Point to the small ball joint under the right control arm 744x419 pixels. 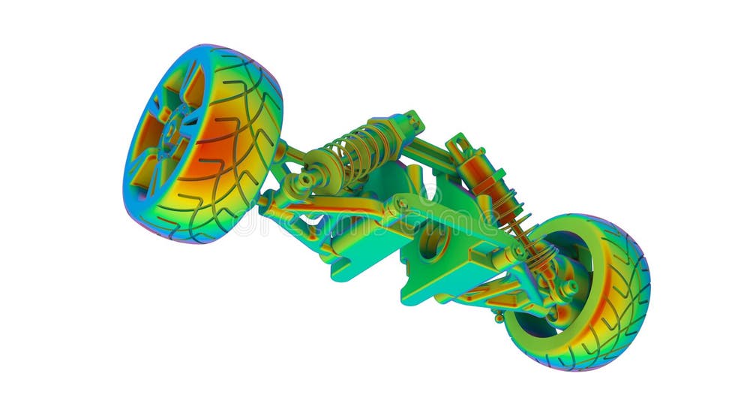tap(499, 315)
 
